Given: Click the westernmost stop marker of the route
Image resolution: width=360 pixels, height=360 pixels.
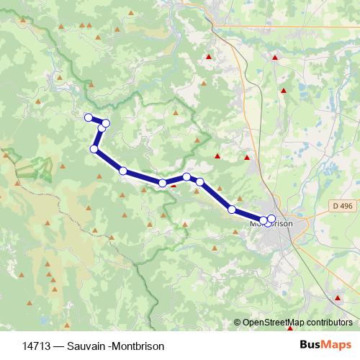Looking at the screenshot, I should (x=89, y=117).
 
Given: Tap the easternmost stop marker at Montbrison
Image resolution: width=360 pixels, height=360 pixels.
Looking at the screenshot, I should (x=271, y=219).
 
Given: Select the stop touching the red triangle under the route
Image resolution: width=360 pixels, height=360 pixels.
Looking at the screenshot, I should (x=163, y=184).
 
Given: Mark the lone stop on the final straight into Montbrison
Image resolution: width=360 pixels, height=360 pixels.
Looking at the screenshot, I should (x=232, y=210).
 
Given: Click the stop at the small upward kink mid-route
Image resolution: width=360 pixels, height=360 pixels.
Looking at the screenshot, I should (x=186, y=176).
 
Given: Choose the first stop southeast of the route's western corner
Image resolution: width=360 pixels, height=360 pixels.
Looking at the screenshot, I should (x=123, y=171).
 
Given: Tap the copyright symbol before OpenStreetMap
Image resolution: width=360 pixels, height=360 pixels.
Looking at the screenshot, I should (x=238, y=323).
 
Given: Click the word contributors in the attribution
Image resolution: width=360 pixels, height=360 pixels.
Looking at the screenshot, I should (x=330, y=323).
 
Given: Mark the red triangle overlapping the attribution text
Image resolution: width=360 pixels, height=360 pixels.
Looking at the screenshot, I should (x=290, y=328).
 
